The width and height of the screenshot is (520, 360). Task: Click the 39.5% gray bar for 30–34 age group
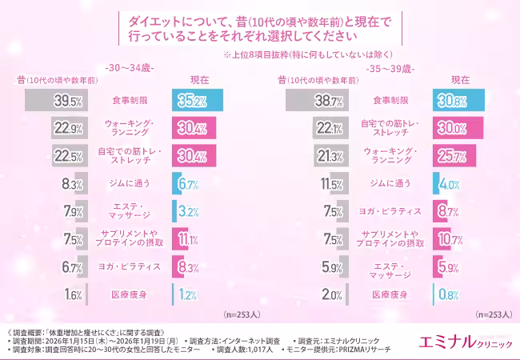point(56,101)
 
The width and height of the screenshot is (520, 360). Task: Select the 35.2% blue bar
point(196,101)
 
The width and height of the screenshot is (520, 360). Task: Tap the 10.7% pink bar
point(441,238)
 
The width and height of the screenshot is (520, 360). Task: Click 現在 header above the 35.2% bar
point(199,81)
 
